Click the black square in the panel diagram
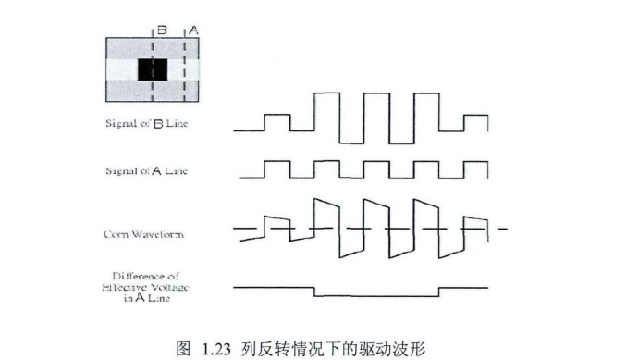153,69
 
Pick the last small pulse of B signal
474,122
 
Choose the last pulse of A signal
474,168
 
